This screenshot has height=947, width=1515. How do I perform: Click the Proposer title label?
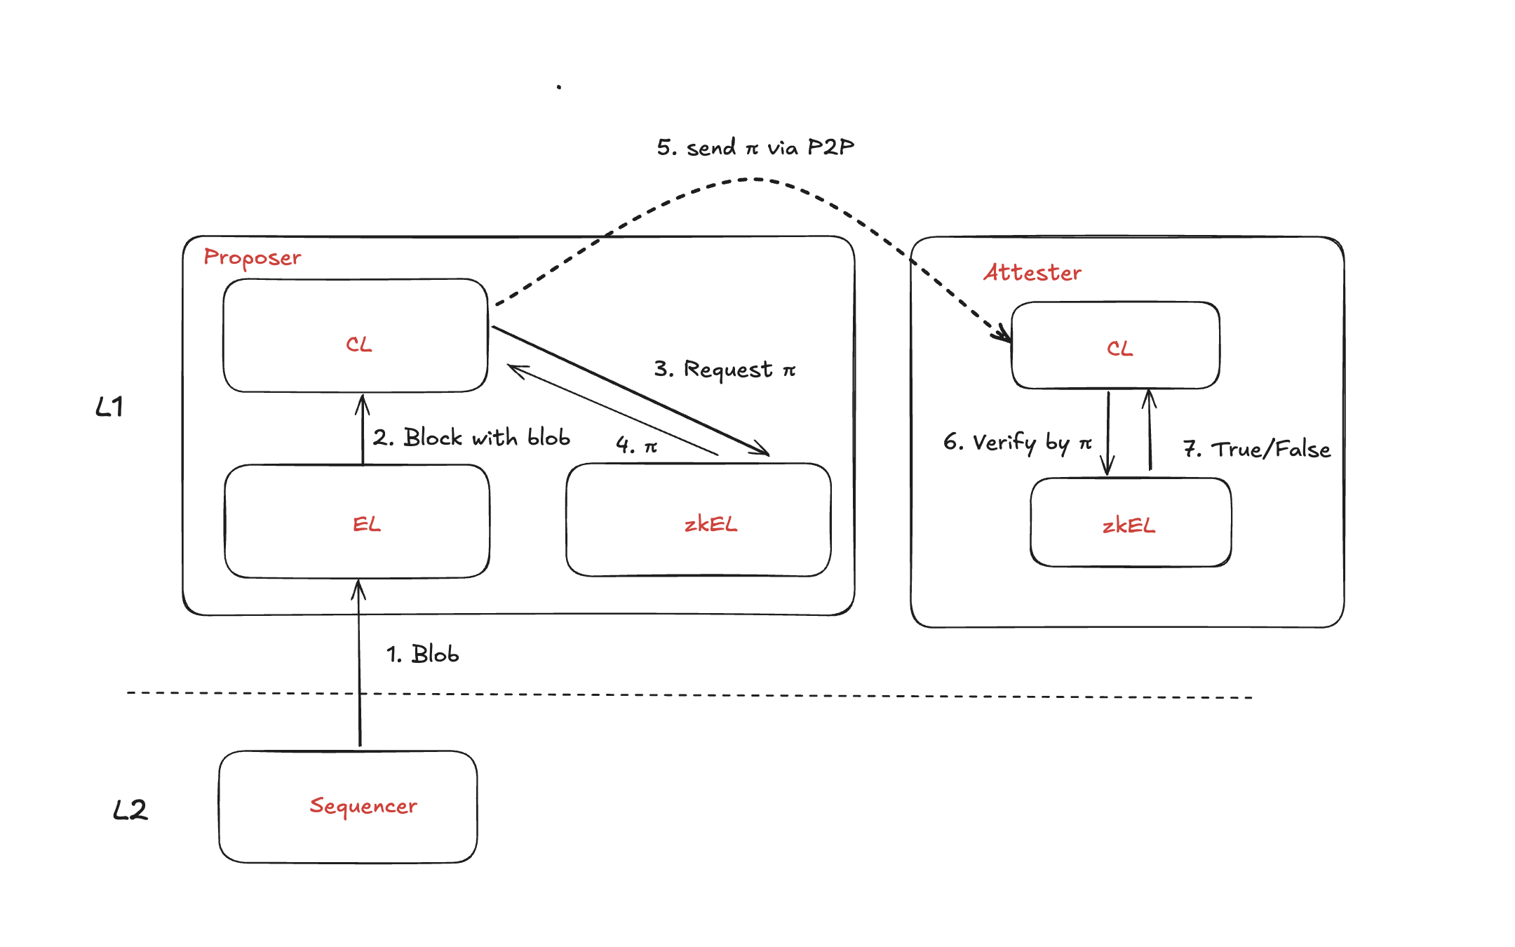[252, 258]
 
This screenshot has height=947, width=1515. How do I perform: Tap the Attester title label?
[1032, 272]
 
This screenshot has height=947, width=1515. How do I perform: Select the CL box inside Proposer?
[356, 336]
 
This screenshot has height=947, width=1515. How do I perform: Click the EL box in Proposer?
[357, 522]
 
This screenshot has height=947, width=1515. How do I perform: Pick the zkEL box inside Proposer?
[699, 520]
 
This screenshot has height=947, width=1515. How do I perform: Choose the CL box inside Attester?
[1115, 346]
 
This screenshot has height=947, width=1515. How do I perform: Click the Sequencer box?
[348, 807]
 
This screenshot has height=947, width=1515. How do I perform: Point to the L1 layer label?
[109, 407]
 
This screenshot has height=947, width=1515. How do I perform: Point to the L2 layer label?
[130, 810]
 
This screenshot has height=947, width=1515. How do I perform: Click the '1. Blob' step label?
[423, 654]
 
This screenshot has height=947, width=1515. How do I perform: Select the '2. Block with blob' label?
[471, 438]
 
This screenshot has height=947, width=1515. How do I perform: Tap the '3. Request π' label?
[725, 369]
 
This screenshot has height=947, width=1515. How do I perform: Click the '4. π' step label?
[636, 445]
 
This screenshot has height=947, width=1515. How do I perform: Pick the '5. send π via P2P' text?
[755, 147]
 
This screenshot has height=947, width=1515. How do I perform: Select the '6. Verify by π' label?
[1017, 443]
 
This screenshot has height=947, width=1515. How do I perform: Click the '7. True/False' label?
[1256, 449]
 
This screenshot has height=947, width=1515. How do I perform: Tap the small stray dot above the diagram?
[559, 87]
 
